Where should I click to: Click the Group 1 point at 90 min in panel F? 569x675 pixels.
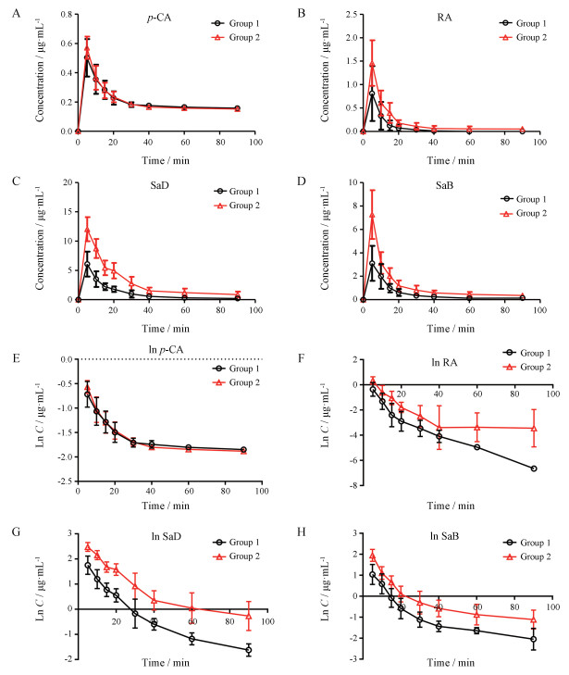click(x=534, y=469)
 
